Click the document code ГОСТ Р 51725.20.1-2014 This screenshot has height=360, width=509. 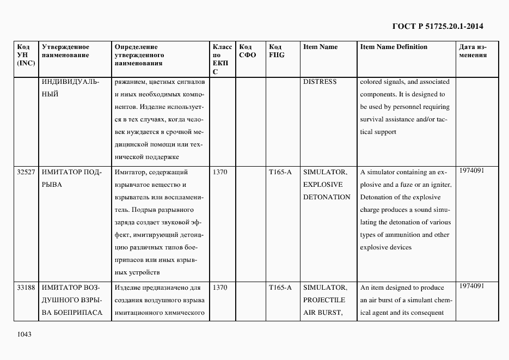pyautogui.click(x=438, y=26)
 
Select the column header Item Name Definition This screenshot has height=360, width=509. pyautogui.click(x=394, y=47)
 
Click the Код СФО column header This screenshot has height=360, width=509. pyautogui.click(x=248, y=51)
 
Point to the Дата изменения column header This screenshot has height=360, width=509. pyautogui.click(x=473, y=51)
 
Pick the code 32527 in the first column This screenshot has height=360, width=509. pyautogui.click(x=26, y=173)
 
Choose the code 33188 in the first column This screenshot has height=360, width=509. pyautogui.click(x=26, y=288)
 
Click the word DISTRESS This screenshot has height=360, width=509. pyautogui.click(x=320, y=82)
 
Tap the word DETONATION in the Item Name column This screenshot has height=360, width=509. pyautogui.click(x=327, y=197)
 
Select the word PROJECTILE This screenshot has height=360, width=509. pyautogui.click(x=324, y=300)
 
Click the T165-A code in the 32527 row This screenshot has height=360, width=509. pyautogui.click(x=280, y=173)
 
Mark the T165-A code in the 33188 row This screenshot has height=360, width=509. pyautogui.click(x=280, y=288)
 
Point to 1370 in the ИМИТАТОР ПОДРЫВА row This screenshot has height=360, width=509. pyautogui.click(x=219, y=173)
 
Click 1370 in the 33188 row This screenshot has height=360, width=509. pyautogui.click(x=219, y=288)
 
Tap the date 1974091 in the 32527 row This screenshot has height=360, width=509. pyautogui.click(x=471, y=170)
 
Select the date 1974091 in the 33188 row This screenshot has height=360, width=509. pyautogui.click(x=471, y=285)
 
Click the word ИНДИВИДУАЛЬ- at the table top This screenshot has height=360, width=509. pyautogui.click(x=70, y=82)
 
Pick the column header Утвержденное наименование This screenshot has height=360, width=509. pyautogui.click(x=65, y=51)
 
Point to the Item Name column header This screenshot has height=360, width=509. pyautogui.click(x=320, y=47)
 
